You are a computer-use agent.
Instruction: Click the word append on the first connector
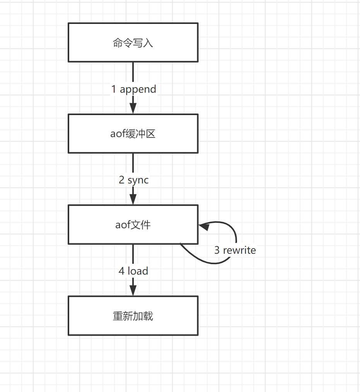[138, 89]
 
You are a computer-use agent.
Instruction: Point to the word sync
[138, 180]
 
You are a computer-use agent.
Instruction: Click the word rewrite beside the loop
[239, 250]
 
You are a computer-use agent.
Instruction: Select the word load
[138, 271]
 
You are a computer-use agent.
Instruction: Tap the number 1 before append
[114, 89]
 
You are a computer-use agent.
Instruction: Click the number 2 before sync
[122, 180]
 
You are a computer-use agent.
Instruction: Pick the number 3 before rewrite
[217, 250]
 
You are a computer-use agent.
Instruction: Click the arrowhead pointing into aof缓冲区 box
[133, 109]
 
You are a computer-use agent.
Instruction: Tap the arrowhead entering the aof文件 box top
[133, 199]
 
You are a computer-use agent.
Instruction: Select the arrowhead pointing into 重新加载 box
[133, 290]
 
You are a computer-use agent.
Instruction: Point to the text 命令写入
[133, 43]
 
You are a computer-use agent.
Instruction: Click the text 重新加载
[133, 316]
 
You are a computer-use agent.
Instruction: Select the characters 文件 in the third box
[141, 225]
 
